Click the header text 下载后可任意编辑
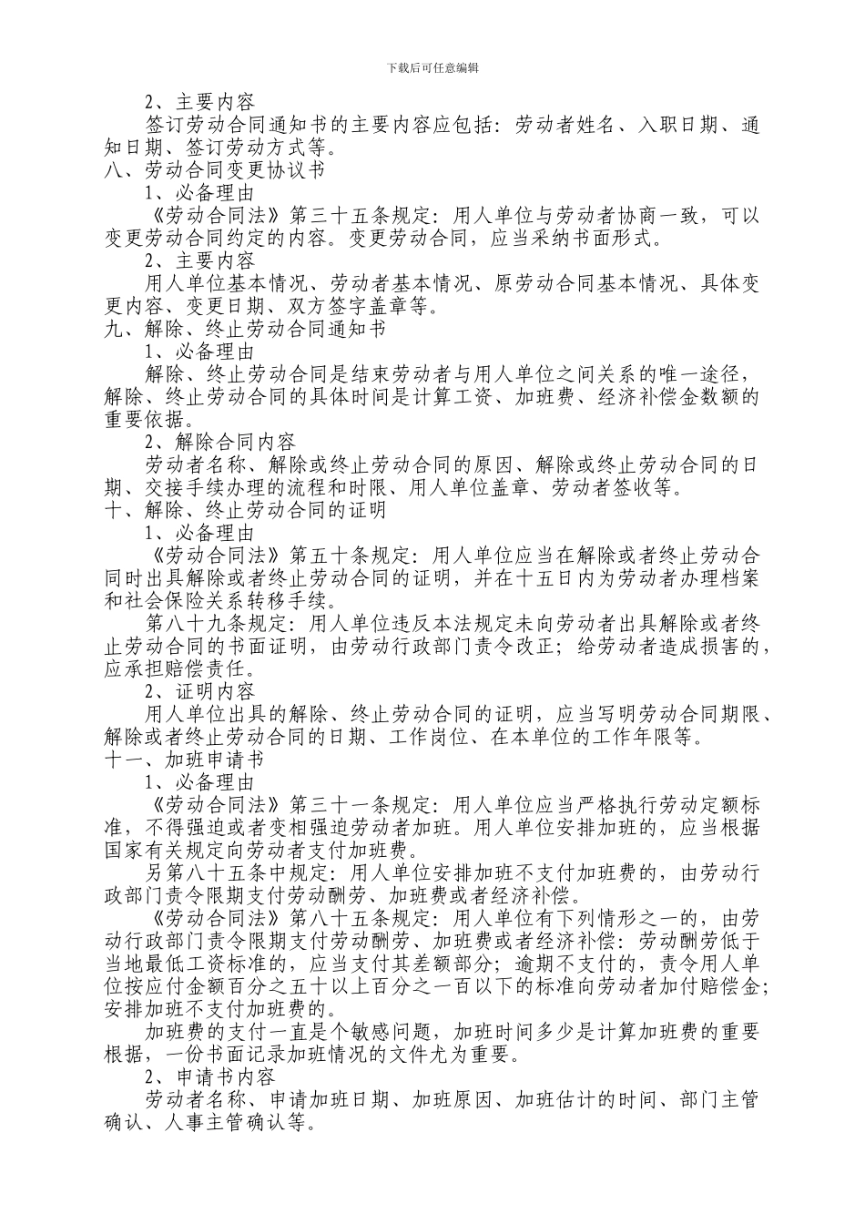point(432,67)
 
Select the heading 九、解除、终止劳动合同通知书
point(245,330)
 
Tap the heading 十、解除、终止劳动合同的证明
point(245,511)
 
